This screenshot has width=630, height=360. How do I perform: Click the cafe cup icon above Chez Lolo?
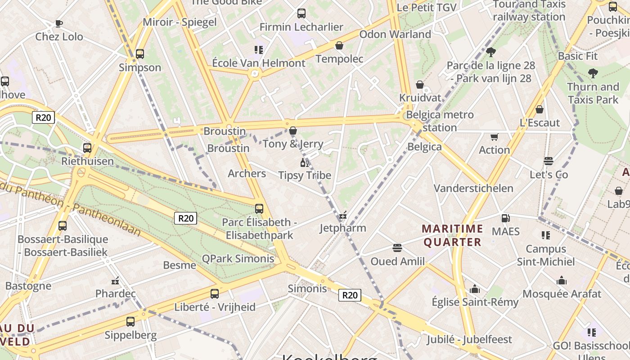[x=58, y=23]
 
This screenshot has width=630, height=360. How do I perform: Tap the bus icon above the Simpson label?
[x=140, y=54]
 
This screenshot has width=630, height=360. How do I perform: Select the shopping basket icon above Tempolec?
[x=339, y=45]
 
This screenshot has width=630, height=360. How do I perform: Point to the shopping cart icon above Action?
[x=494, y=136]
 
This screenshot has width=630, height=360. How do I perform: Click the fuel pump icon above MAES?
[x=505, y=218]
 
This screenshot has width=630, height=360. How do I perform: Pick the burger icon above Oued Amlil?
[x=397, y=248]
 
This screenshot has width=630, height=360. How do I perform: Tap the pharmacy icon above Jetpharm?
[x=343, y=215]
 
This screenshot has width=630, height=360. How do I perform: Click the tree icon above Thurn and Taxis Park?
[x=593, y=73]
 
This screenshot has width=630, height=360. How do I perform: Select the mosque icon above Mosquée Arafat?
[x=561, y=281]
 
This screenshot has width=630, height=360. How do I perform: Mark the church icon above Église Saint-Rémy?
[x=475, y=289]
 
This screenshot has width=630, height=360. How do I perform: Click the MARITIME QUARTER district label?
[x=453, y=236]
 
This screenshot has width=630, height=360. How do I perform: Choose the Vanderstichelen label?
[x=473, y=188]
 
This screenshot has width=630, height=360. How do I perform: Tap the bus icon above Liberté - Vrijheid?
[x=215, y=294]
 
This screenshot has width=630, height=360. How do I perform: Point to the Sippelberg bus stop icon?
[x=130, y=322]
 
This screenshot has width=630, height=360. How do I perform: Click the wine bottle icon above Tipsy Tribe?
[x=305, y=162]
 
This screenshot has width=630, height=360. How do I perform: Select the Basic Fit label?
[x=578, y=56]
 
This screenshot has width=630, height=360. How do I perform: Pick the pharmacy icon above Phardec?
[x=115, y=281]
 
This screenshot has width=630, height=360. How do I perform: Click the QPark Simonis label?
[x=238, y=258]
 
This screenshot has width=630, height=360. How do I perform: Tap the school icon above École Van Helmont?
[x=258, y=49]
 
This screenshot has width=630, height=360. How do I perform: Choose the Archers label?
[x=247, y=173]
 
